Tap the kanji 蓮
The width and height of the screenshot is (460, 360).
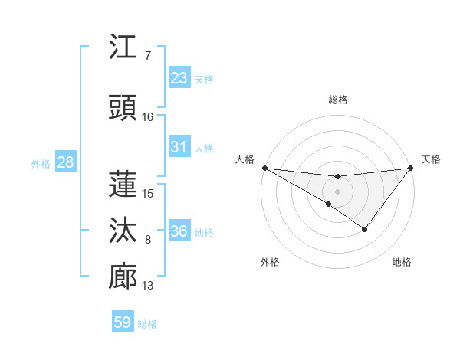(x=123, y=183)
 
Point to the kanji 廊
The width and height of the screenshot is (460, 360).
(x=123, y=276)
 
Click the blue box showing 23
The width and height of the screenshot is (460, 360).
(x=179, y=78)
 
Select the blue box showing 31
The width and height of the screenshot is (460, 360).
(x=179, y=147)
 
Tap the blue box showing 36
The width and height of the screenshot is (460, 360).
(x=179, y=231)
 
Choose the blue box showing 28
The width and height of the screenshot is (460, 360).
(x=64, y=162)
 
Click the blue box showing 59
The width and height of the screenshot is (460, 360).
(x=123, y=322)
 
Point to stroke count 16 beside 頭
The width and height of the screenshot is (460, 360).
(x=148, y=117)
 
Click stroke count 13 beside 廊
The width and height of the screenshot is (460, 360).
(x=148, y=286)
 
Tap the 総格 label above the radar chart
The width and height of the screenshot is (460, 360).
(x=338, y=100)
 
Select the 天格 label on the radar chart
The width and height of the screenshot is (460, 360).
(x=431, y=159)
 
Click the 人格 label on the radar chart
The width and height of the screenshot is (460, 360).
(x=245, y=159)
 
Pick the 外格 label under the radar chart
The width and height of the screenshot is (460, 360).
(x=270, y=262)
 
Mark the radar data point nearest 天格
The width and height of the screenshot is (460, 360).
(x=410, y=168)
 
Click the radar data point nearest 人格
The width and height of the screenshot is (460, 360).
(x=264, y=168)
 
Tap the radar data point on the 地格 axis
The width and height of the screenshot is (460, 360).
(x=365, y=229)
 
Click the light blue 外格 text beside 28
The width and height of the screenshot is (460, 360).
(x=40, y=163)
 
